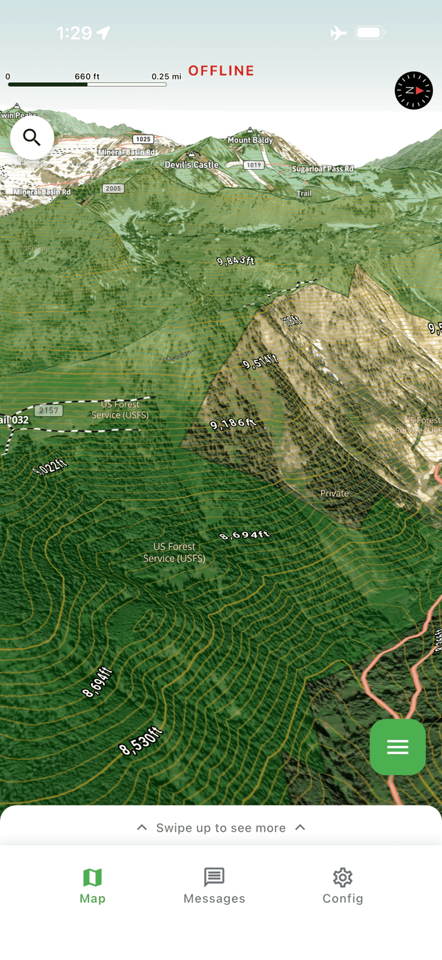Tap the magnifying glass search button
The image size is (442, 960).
(32, 137)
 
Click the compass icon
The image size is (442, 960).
(414, 90)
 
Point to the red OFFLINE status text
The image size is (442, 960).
(221, 70)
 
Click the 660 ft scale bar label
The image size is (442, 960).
(87, 76)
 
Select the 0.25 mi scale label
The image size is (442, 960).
(166, 76)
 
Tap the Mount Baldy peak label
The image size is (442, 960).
(250, 139)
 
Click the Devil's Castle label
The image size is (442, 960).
(191, 164)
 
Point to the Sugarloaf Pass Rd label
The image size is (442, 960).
(323, 169)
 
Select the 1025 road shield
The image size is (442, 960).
(143, 139)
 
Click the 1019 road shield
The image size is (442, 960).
(253, 165)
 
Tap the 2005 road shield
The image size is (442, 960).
(113, 188)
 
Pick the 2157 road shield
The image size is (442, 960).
(48, 411)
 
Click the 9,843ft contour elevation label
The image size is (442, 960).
(236, 261)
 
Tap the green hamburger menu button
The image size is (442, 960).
(397, 747)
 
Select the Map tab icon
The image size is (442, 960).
(93, 878)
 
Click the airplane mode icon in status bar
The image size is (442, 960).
(338, 32)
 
